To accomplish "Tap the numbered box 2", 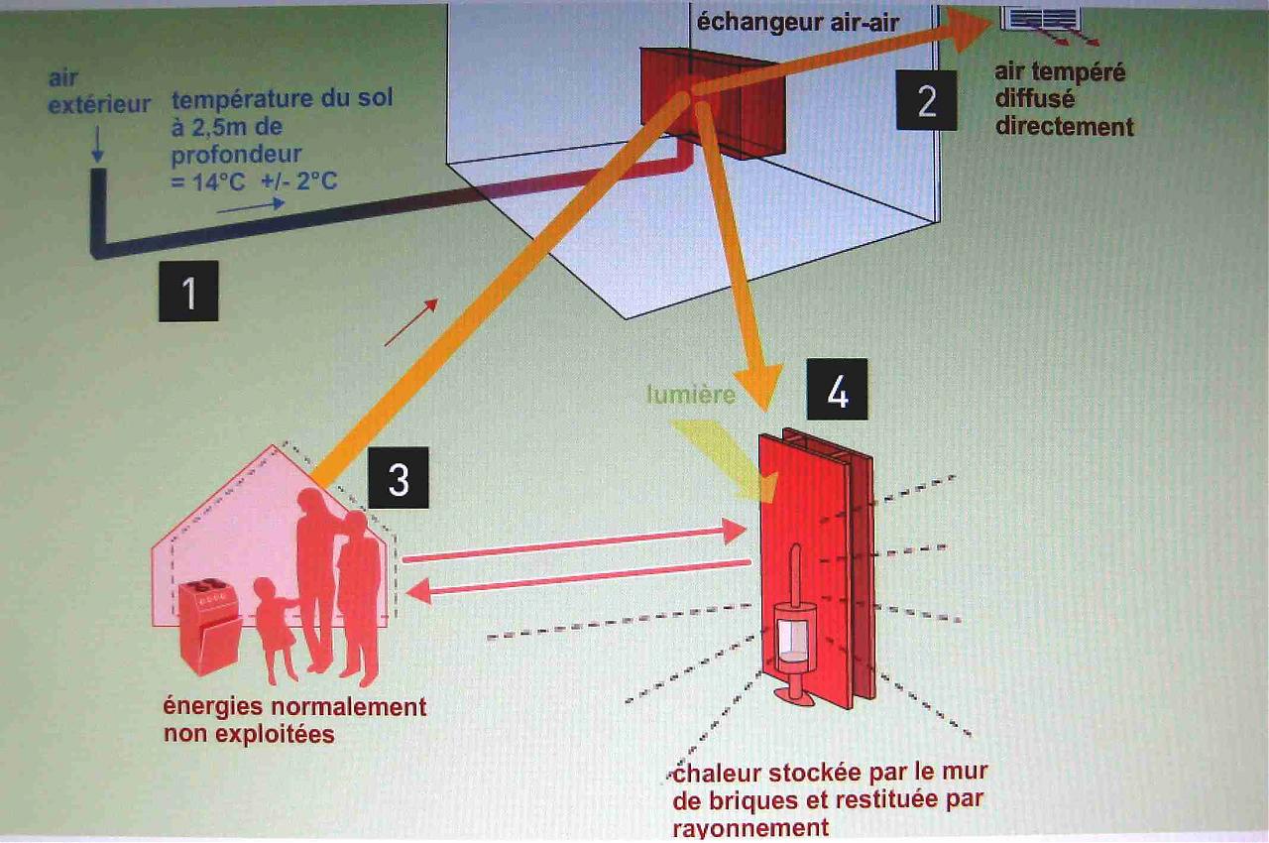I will [926, 100].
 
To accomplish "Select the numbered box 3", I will [399, 479].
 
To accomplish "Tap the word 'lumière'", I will [691, 395].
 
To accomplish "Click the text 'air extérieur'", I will [97, 90].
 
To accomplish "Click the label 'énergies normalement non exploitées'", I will [294, 720].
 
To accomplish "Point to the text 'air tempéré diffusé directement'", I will [1064, 100].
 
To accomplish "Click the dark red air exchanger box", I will [712, 104].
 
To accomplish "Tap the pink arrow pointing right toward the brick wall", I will [574, 543].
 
